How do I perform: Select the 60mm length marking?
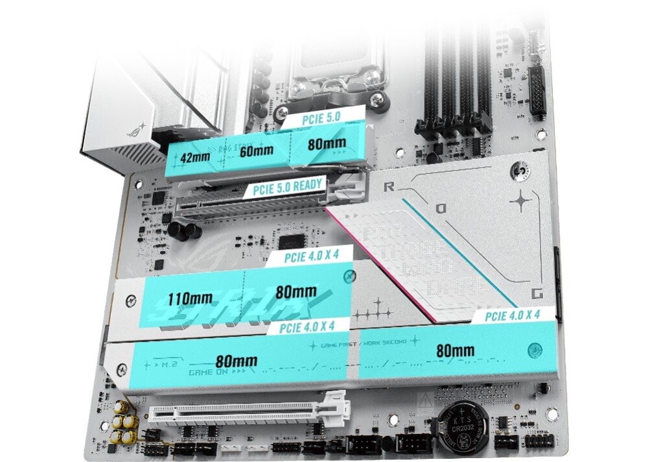(255, 151)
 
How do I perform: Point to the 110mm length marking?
(188, 299)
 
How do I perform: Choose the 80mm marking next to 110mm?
(296, 291)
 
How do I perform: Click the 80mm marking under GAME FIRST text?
(454, 351)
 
